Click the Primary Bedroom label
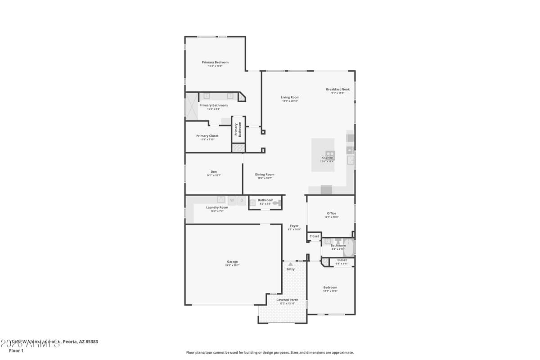215,62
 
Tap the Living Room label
290,97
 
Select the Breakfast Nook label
337,89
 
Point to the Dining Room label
265,175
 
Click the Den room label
214,171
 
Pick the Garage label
232,261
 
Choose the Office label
331,213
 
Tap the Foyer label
294,226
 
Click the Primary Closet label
207,135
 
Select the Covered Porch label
287,300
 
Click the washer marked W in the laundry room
232,200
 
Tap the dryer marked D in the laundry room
242,200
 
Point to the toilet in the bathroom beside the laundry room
276,203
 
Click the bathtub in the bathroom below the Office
349,247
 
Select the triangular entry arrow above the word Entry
291,264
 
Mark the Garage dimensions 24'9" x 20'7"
232,265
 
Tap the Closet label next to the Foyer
314,236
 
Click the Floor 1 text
16,351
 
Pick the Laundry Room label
217,207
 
